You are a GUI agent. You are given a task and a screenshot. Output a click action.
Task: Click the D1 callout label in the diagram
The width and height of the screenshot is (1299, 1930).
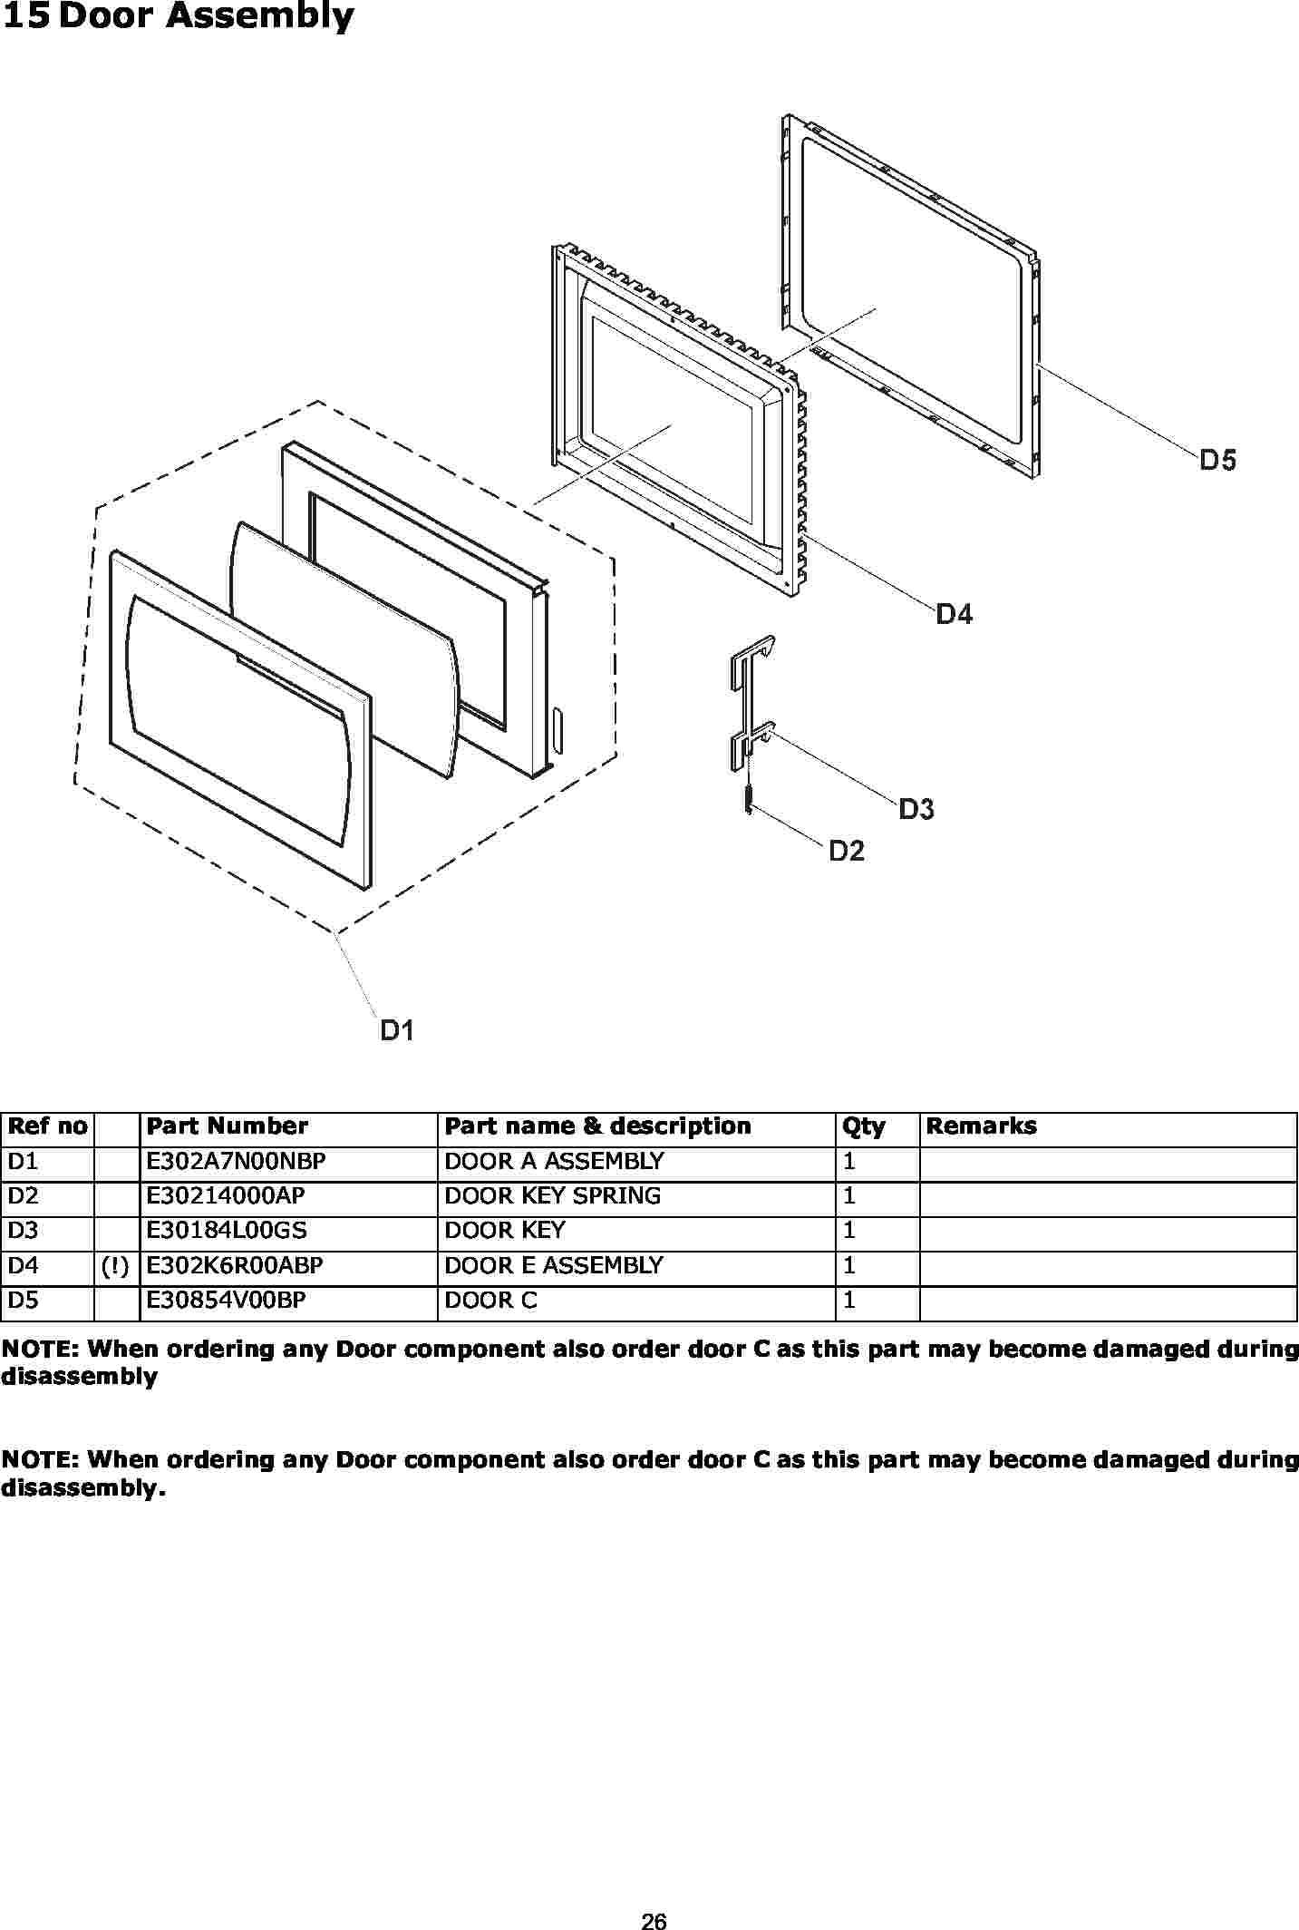tap(397, 1030)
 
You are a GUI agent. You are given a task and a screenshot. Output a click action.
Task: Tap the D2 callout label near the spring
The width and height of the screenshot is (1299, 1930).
tap(848, 851)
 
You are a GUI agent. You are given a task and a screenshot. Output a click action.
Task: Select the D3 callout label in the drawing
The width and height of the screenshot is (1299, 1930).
tap(916, 809)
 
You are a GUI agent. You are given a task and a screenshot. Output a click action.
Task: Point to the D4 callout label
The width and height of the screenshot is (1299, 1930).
tap(955, 614)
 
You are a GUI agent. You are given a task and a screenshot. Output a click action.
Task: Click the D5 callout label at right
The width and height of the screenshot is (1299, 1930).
tap(1218, 460)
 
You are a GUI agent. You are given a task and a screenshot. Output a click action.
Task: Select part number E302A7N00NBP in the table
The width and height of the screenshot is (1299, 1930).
tap(236, 1161)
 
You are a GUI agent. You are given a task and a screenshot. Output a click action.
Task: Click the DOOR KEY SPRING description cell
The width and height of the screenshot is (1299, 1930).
tap(553, 1195)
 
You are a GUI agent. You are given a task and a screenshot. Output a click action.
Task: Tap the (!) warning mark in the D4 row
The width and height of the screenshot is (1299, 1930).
tap(115, 1266)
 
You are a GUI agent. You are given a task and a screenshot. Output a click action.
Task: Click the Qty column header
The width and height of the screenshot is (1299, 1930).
tap(863, 1126)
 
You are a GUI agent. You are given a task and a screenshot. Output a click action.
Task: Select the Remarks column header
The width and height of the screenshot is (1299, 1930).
tap(981, 1126)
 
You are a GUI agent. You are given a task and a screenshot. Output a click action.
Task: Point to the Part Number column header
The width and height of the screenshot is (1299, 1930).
tap(227, 1126)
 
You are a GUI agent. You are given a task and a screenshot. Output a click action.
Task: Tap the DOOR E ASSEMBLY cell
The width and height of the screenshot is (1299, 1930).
tap(554, 1265)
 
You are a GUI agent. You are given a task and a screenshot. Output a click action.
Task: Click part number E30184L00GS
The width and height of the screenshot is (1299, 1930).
tap(227, 1230)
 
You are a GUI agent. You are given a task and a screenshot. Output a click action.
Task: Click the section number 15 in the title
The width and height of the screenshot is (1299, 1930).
tap(25, 16)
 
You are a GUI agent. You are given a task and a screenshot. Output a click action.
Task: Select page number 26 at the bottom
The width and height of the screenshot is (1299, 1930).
tap(654, 1920)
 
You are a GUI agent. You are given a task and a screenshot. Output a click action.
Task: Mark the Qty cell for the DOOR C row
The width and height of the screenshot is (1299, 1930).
tap(849, 1300)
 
